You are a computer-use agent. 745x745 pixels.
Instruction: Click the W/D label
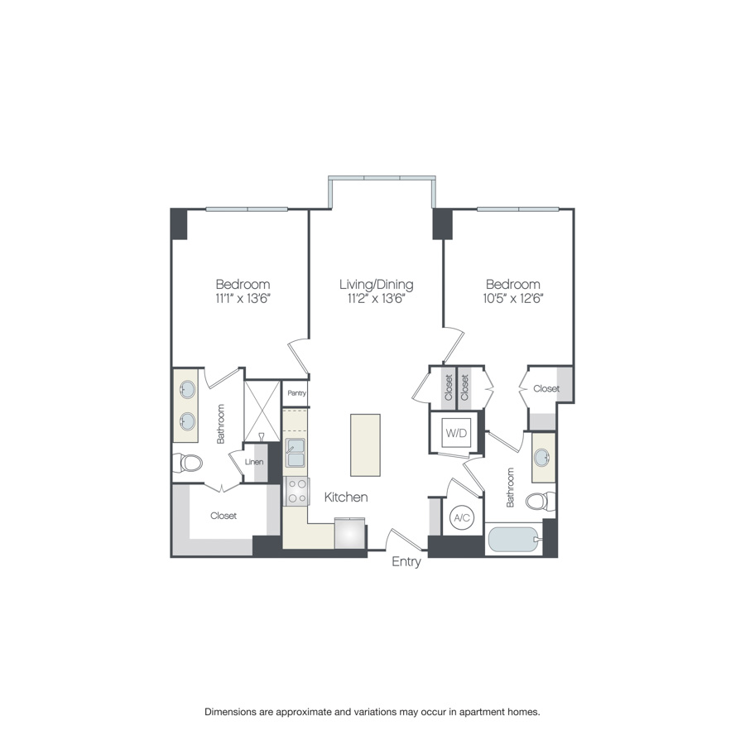(x=454, y=431)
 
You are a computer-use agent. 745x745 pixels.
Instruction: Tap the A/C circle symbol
(x=461, y=518)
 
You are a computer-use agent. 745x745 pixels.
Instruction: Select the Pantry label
(x=295, y=393)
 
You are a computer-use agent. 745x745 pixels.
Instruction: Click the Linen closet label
(x=253, y=461)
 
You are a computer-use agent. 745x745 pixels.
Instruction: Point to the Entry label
(x=406, y=562)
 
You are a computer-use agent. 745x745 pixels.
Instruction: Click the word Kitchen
(x=345, y=497)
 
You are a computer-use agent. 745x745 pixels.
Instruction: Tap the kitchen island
(x=365, y=445)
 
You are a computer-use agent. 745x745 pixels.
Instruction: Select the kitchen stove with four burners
(x=296, y=491)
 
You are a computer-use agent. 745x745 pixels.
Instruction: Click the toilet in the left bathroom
(x=189, y=463)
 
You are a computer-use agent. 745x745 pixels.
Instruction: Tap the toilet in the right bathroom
(x=540, y=501)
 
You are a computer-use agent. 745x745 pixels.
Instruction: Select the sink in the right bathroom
(x=544, y=457)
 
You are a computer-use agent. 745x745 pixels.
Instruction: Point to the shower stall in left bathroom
(x=262, y=410)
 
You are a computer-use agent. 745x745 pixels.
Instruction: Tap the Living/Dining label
(x=376, y=285)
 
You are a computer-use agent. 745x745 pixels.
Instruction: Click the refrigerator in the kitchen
(x=349, y=534)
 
